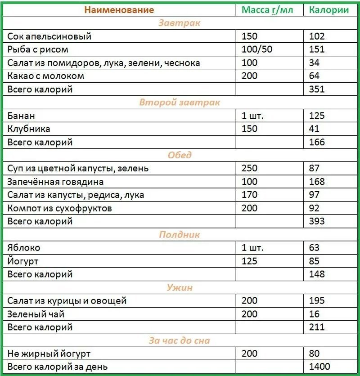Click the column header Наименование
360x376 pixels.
pyautogui.click(x=119, y=10)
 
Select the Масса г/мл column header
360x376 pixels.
pyautogui.click(x=267, y=10)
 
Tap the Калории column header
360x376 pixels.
pyautogui.click(x=329, y=10)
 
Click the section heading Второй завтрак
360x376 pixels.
pyautogui.click(x=180, y=103)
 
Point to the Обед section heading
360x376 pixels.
pyautogui.click(x=180, y=155)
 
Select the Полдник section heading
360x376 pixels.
pyautogui.click(x=180, y=235)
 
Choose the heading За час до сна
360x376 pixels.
pyautogui.click(x=180, y=341)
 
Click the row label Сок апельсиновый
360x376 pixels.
pyautogui.click(x=49, y=36)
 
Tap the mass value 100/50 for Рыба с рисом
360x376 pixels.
pyautogui.click(x=257, y=49)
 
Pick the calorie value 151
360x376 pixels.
pyautogui.click(x=317, y=49)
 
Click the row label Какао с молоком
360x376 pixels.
pyautogui.click(x=46, y=76)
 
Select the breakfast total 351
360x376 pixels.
pyautogui.click(x=317, y=89)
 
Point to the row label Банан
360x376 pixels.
pyautogui.click(x=21, y=116)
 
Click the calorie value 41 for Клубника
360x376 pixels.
pyautogui.click(x=314, y=129)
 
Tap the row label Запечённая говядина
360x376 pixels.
pyautogui.click(x=55, y=182)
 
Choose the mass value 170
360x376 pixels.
pyautogui.click(x=250, y=195)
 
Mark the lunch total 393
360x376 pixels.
pyautogui.click(x=317, y=221)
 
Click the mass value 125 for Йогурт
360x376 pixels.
pyautogui.click(x=250, y=261)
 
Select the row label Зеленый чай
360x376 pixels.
pyautogui.click(x=39, y=314)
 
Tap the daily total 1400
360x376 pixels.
pyautogui.click(x=319, y=367)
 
